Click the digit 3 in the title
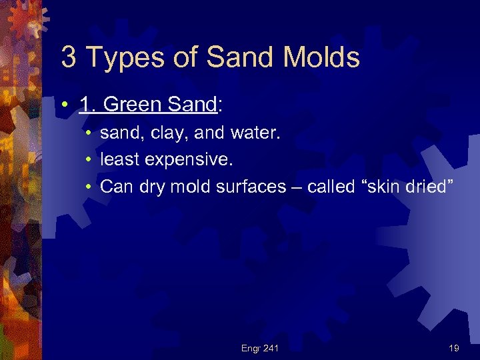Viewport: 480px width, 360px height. [x=69, y=57]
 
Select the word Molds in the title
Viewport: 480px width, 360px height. [x=321, y=57]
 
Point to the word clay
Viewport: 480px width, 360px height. [x=167, y=134]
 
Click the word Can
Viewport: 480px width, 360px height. [x=117, y=186]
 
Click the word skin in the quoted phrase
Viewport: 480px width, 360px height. [x=387, y=186]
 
